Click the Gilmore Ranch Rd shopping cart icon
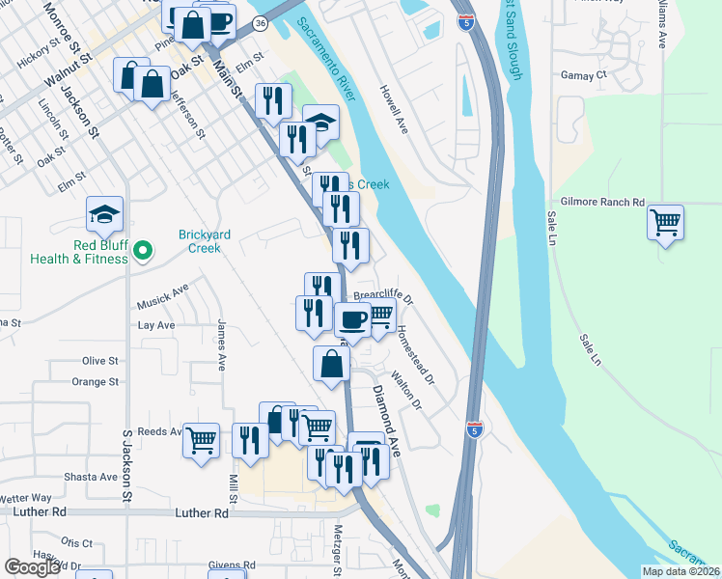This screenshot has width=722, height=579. pyautogui.click(x=666, y=223)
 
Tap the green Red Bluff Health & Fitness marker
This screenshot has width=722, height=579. pyautogui.click(x=143, y=251)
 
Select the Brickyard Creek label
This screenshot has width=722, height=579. pyautogui.click(x=200, y=240)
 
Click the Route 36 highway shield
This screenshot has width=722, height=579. pyautogui.click(x=261, y=22)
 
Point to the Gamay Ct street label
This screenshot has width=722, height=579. pyautogui.click(x=583, y=74)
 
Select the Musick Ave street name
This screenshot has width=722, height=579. pyautogui.click(x=163, y=294)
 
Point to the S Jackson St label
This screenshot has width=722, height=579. pyautogui.click(x=126, y=467)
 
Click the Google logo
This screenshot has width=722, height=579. pyautogui.click(x=33, y=567)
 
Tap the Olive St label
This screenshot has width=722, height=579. pyautogui.click(x=99, y=361)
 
